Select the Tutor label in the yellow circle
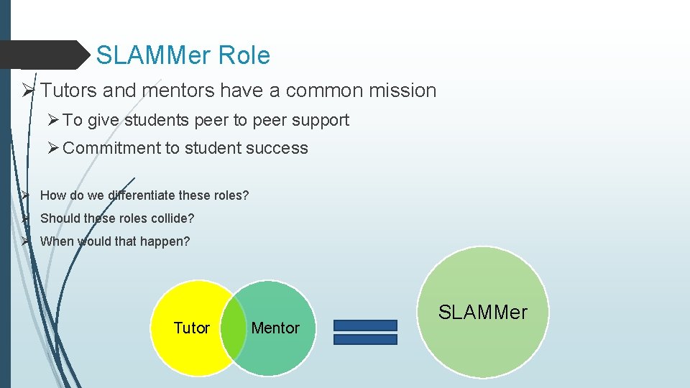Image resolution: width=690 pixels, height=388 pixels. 192,328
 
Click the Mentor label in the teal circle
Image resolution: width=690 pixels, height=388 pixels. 275,328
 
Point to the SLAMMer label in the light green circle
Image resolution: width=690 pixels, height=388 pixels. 483,313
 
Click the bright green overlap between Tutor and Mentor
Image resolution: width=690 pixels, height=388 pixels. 233,328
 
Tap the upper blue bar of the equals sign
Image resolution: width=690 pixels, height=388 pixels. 365,325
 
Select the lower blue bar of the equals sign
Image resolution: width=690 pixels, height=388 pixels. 365,339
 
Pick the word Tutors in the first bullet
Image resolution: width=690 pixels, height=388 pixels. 70,91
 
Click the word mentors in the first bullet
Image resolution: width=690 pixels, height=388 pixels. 178,91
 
